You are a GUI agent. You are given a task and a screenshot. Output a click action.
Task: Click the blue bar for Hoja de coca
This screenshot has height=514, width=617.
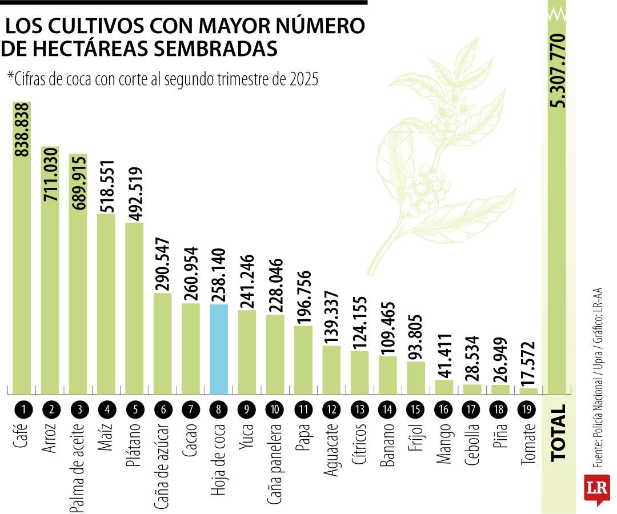point(219,348)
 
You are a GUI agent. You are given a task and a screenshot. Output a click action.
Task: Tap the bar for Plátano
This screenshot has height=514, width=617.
point(134,308)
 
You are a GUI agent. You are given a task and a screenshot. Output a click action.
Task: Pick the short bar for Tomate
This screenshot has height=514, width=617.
point(528,391)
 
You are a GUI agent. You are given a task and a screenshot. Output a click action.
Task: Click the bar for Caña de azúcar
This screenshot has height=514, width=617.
point(162,343)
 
